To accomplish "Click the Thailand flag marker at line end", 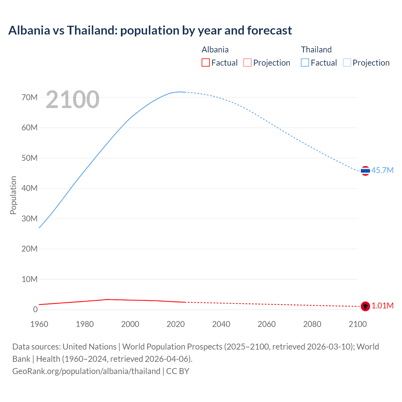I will [365, 171].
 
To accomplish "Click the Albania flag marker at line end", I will [365, 306].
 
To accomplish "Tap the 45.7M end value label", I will [382, 170].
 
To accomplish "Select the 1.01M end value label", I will [383, 306].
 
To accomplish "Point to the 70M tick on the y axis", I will [30, 97].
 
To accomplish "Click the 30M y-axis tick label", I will [30, 219].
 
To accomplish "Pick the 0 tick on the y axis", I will [35, 309].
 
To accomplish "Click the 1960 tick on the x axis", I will [39, 324].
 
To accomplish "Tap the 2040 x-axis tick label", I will [221, 324].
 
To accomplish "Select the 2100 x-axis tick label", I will [358, 324].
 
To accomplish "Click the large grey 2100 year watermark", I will [73, 100].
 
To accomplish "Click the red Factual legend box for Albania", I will [206, 63].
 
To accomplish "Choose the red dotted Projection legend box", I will [247, 63].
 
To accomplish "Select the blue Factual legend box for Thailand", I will [305, 63].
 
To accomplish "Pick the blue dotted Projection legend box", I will [347, 63].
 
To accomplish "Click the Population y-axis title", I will [13, 195].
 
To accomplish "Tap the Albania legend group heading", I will [215, 50].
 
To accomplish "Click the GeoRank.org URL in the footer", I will [86, 371].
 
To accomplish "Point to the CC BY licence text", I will [178, 371].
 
